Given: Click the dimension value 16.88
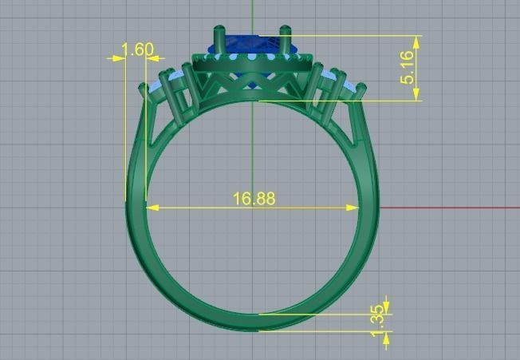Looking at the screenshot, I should click(x=254, y=198).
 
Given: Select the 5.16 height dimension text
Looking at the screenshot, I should click(x=408, y=68).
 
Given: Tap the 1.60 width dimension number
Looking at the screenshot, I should click(x=137, y=50).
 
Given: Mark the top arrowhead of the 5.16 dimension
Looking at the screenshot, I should click(x=416, y=40).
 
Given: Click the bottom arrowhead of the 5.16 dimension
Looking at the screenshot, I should click(x=416, y=95).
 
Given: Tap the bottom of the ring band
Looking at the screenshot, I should click(x=254, y=322).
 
